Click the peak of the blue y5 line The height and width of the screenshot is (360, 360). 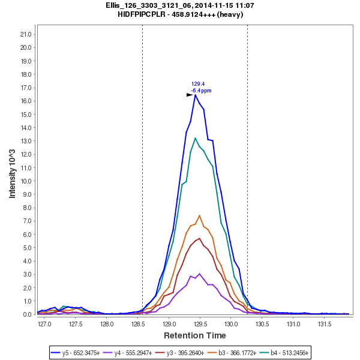click(195, 94)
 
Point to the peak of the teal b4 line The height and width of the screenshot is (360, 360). click(195, 138)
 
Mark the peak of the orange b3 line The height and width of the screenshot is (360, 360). click(199, 215)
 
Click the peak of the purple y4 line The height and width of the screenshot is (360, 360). click(199, 274)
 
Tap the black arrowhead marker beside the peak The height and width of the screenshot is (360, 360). click(190, 94)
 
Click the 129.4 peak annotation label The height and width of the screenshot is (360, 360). click(198, 84)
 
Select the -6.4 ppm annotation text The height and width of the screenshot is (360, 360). click(201, 91)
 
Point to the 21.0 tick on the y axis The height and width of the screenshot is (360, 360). click(26, 34)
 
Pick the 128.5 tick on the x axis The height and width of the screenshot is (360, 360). click(138, 324)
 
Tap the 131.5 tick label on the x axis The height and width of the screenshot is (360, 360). click(325, 324)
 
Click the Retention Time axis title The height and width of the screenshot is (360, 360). click(195, 335)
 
